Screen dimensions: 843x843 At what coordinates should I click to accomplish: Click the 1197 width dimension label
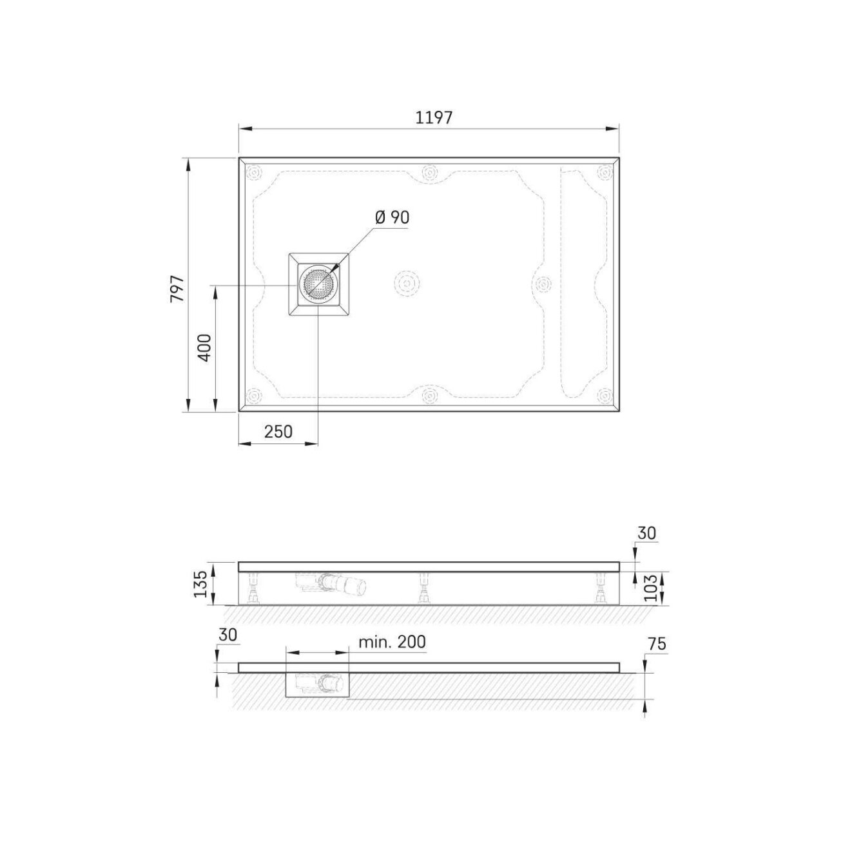tap(433, 117)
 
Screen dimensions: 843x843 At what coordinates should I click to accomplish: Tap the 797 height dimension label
tap(178, 289)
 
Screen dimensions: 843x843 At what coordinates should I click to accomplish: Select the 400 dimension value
tap(205, 347)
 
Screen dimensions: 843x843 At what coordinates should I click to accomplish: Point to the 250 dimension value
tap(278, 432)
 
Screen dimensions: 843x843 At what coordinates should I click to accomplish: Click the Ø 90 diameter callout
tap(392, 217)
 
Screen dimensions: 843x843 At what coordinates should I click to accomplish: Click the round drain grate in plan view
tap(318, 285)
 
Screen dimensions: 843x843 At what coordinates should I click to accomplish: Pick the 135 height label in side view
tap(200, 584)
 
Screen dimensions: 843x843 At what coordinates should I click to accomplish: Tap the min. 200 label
tap(392, 642)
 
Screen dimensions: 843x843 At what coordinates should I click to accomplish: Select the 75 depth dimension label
tap(657, 644)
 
